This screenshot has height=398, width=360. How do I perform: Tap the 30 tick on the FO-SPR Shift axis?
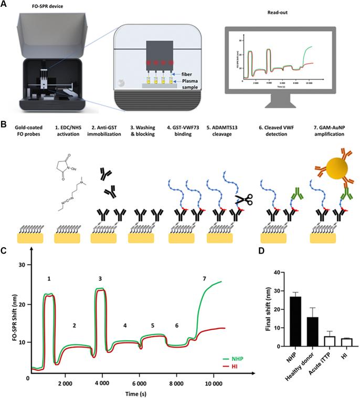point(22,266)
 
